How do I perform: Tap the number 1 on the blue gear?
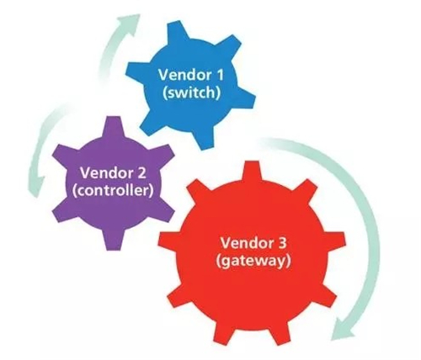click(219, 75)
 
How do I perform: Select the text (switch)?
click(191, 93)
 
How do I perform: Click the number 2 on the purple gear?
click(141, 172)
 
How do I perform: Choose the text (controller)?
click(113, 190)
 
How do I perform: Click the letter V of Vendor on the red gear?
click(226, 243)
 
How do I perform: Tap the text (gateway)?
click(253, 261)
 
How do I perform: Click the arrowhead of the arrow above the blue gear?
click(131, 22)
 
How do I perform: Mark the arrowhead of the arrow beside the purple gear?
click(37, 187)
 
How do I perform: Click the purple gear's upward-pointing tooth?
click(114, 127)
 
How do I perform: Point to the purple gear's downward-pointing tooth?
click(115, 240)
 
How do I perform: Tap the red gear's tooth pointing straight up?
click(252, 171)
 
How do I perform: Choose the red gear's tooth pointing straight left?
click(169, 241)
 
